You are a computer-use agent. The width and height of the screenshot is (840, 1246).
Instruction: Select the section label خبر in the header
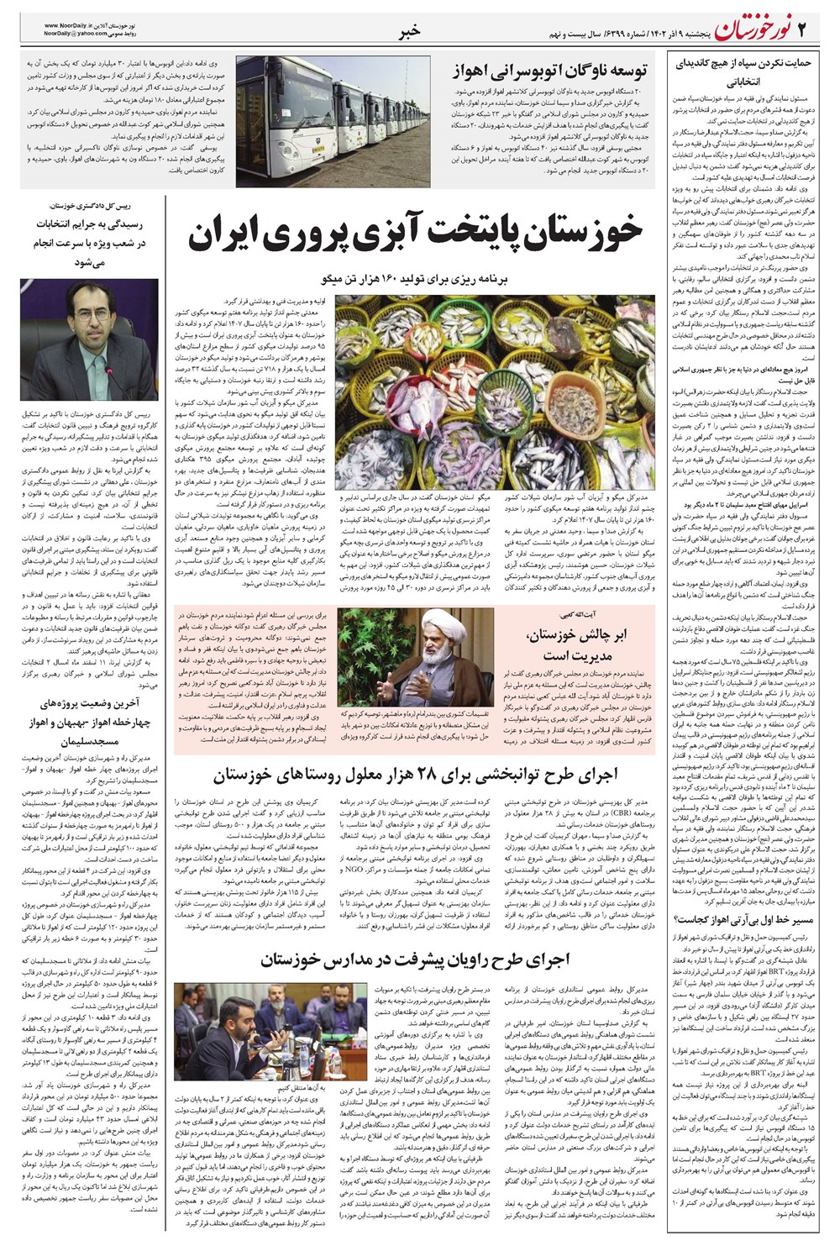(412, 32)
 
